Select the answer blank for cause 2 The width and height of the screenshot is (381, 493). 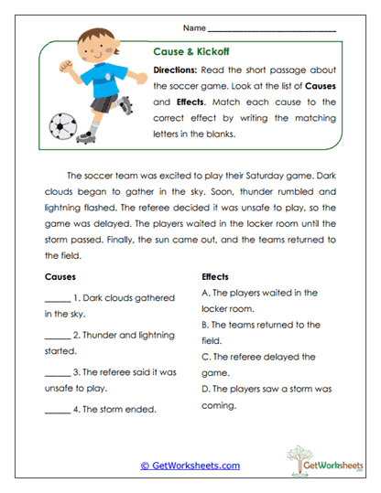[57, 334]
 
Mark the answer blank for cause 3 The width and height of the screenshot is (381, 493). [57, 371]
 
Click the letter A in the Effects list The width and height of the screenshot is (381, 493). [204, 293]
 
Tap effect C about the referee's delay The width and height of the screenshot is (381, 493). [262, 357]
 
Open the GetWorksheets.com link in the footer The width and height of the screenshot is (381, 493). [190, 466]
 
